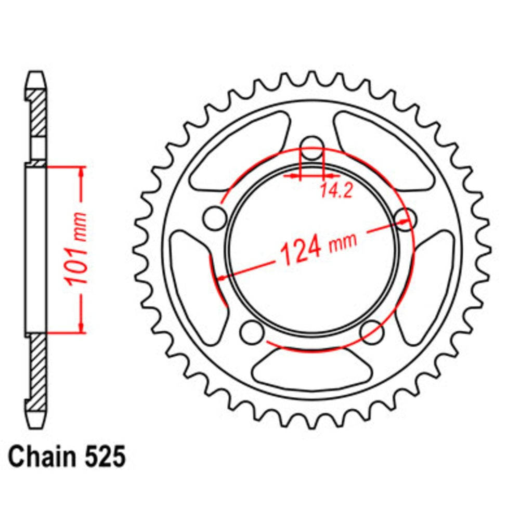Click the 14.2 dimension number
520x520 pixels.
(x=336, y=191)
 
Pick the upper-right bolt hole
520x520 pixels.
(x=406, y=217)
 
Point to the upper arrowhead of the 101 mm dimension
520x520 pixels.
(x=81, y=172)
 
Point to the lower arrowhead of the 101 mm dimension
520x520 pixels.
(x=81, y=327)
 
